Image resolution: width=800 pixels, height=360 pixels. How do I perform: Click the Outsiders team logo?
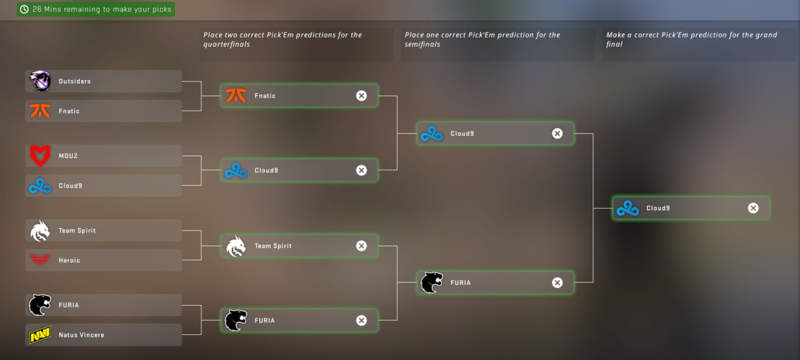(40, 81)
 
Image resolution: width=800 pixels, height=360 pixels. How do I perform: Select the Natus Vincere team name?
(81, 335)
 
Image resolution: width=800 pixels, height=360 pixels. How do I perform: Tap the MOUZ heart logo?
(40, 156)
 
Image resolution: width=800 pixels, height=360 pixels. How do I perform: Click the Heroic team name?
(69, 261)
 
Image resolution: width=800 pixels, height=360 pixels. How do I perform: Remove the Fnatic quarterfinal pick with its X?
(361, 96)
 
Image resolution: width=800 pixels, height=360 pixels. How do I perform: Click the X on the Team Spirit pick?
(361, 246)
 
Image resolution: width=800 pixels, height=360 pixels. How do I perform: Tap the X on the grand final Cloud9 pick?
(753, 208)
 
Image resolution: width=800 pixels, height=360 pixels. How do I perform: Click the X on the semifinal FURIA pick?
(557, 282)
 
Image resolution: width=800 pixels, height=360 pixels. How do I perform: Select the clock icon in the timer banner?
(24, 9)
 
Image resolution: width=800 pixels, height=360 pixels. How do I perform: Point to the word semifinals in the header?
(422, 44)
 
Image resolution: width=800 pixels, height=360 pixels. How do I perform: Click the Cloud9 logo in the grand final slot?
(627, 208)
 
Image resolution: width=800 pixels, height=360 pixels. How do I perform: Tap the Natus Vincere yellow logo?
(40, 336)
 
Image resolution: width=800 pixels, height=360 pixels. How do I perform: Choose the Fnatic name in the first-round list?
(69, 111)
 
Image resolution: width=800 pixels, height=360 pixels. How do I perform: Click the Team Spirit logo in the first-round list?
(40, 231)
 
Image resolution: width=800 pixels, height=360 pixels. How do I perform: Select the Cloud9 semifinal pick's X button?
(557, 133)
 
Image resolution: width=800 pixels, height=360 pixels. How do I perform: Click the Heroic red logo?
(40, 261)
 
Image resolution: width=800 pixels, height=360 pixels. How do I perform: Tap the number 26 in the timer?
(37, 9)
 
